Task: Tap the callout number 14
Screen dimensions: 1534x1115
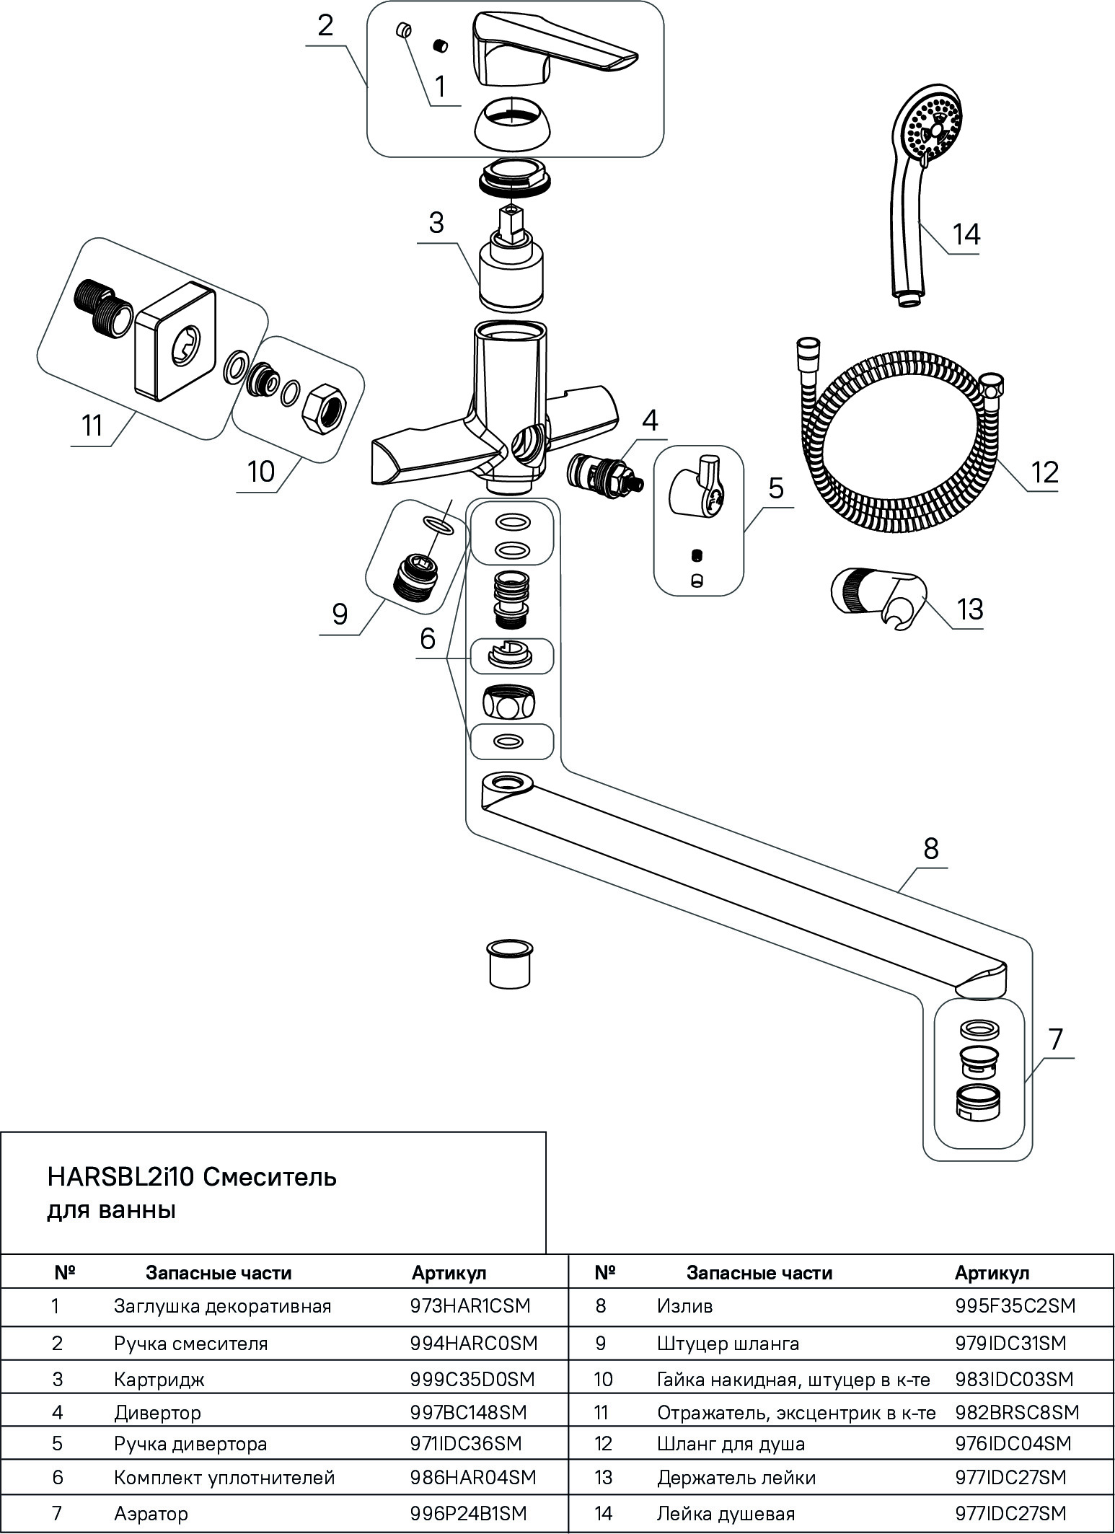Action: [x=966, y=234]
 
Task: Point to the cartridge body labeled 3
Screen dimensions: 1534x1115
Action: [x=511, y=277]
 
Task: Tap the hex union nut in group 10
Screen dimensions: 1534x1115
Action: [x=327, y=409]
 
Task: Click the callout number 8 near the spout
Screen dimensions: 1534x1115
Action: [x=931, y=849]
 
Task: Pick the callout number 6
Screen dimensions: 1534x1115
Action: [x=428, y=638]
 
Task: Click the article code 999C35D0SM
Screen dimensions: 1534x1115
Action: [x=472, y=1379]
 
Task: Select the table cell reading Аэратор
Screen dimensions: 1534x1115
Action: [x=151, y=1513]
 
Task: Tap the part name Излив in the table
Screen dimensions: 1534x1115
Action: [x=685, y=1305]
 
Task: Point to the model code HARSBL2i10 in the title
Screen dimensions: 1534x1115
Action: [x=120, y=1178]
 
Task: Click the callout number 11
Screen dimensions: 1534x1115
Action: [x=92, y=426]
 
